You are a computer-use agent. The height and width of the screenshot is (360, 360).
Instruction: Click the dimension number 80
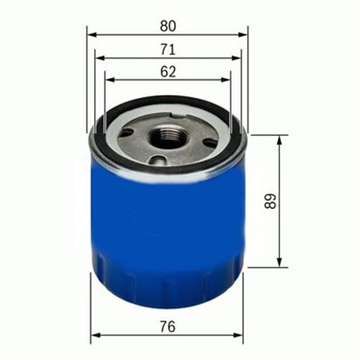pos(167,26)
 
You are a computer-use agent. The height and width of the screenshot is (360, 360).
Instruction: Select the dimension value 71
pos(167,49)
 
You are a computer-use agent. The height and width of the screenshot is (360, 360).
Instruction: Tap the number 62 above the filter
pos(167,71)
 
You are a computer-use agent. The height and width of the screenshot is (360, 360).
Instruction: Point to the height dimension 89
pos(272,202)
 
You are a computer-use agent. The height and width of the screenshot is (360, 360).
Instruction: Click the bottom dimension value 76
pos(167,326)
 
